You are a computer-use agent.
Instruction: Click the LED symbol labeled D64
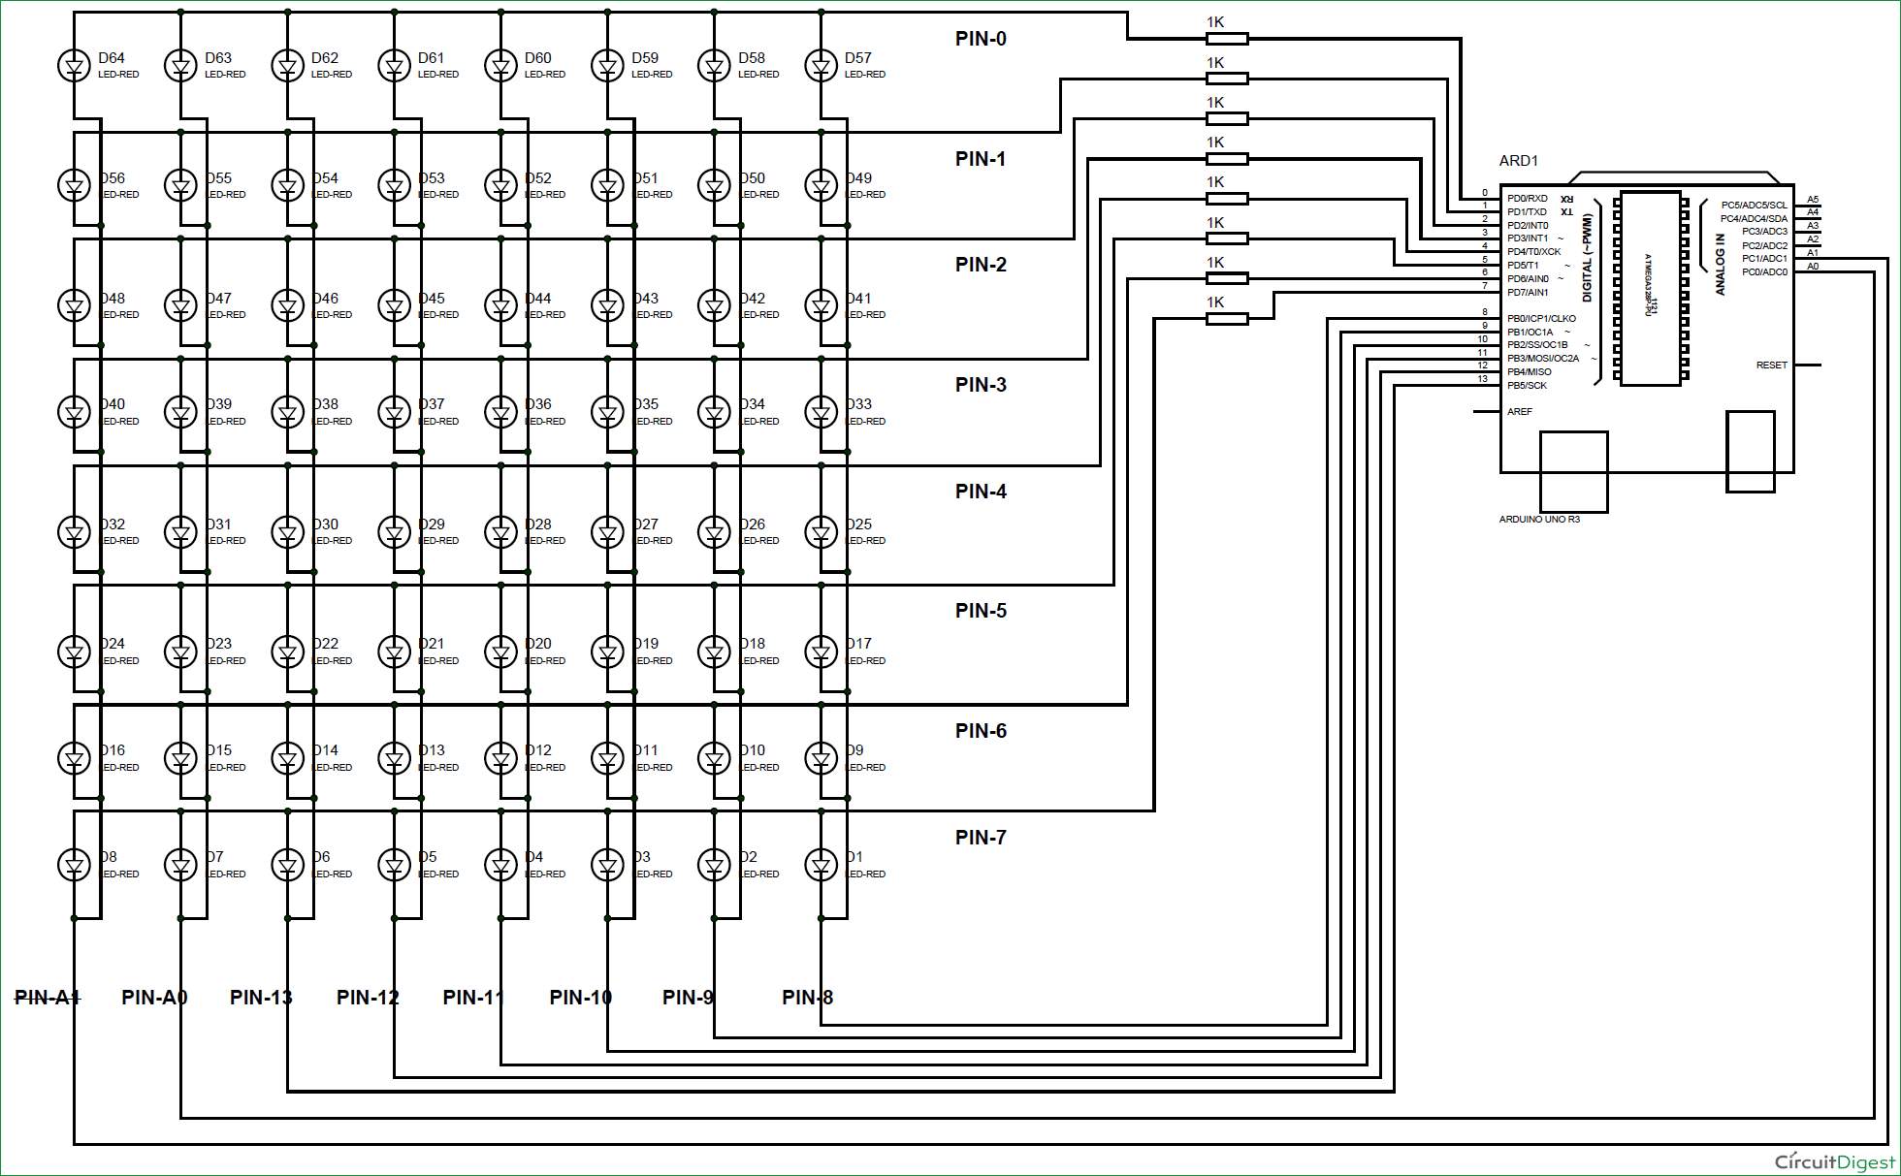click(x=74, y=66)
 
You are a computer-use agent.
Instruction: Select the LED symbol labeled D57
click(x=821, y=66)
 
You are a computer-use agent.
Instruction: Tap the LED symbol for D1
click(x=821, y=864)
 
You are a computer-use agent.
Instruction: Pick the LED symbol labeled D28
click(x=500, y=531)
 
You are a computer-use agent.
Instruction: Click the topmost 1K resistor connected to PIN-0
click(x=1226, y=39)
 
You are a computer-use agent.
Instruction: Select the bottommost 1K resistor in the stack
click(x=1226, y=318)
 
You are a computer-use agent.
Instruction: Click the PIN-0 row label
click(x=981, y=39)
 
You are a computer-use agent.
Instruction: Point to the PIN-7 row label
click(x=981, y=838)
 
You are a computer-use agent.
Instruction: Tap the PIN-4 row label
click(x=981, y=492)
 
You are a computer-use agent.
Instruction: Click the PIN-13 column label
click(x=260, y=998)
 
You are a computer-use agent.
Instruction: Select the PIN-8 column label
click(x=807, y=998)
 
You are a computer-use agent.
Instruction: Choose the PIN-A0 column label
click(x=153, y=998)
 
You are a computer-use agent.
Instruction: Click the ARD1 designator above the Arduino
click(x=1518, y=161)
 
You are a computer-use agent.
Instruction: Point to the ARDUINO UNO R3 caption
click(x=1539, y=520)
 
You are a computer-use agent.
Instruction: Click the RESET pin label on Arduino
click(x=1771, y=366)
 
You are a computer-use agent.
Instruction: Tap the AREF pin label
click(x=1519, y=412)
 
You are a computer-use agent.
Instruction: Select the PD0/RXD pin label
click(x=1528, y=199)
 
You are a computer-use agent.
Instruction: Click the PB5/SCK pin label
click(x=1527, y=386)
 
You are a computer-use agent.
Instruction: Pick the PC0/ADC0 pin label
click(x=1764, y=272)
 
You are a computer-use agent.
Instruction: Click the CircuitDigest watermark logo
click(x=1834, y=1161)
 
